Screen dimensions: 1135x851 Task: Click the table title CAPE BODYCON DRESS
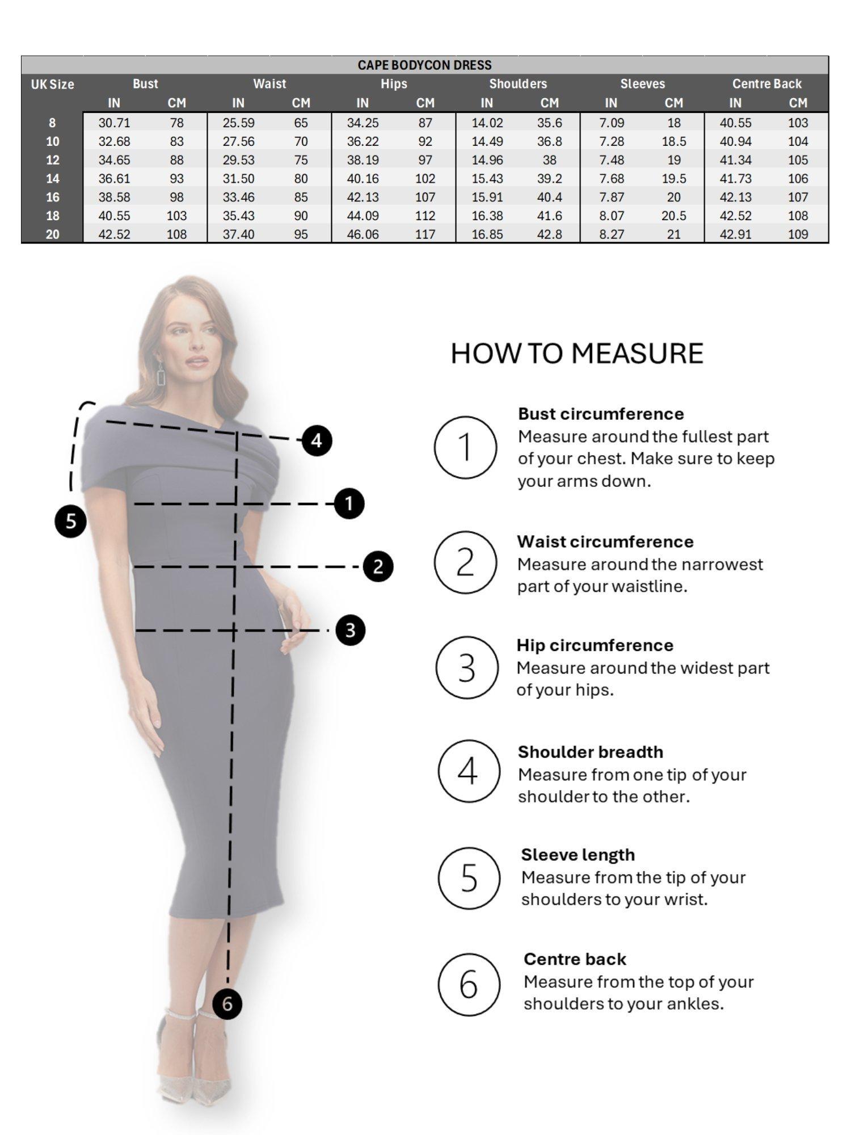coord(424,65)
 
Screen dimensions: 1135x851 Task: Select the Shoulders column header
coord(518,84)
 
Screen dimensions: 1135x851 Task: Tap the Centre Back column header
coord(766,84)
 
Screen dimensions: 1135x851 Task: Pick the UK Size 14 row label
coord(52,179)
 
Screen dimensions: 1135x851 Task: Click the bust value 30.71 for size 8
coord(114,123)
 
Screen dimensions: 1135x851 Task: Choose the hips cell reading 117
coord(425,234)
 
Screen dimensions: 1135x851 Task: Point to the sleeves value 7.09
coord(611,123)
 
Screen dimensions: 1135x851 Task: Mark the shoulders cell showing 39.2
coord(549,179)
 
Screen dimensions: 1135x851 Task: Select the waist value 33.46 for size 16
coord(238,197)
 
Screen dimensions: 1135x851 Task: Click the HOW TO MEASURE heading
coord(577,354)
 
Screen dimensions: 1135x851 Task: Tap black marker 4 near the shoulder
coord(316,440)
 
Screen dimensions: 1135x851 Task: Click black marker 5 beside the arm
coord(70,520)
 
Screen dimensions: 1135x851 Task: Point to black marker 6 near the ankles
coord(227,1004)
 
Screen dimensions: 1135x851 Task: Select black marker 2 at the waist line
coord(378,566)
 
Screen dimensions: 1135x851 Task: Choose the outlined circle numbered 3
coord(467,668)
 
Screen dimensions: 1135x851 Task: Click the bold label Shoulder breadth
coord(590,752)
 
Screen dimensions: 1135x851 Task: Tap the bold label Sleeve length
coord(578,855)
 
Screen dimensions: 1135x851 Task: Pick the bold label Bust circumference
coord(600,414)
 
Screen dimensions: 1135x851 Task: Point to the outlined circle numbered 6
coord(469,985)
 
